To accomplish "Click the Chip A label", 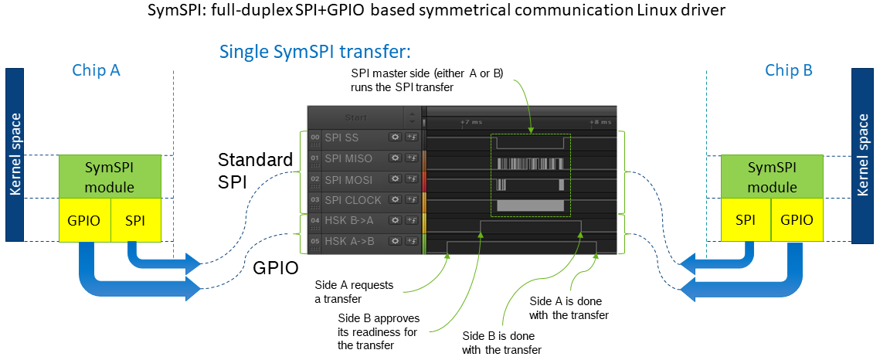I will tap(97, 70).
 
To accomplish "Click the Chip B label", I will tap(789, 70).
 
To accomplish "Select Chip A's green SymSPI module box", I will tap(110, 177).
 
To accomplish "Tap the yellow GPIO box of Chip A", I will tap(85, 220).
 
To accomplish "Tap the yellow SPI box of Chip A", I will tap(137, 220).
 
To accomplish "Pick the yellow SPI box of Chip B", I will tap(746, 220).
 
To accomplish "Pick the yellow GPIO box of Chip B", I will tap(797, 220).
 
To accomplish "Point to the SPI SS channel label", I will tap(341, 138).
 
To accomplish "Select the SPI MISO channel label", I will tap(348, 159).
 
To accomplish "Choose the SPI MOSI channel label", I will tap(348, 180).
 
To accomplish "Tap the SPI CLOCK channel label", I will tap(352, 201).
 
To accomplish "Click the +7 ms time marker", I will tap(471, 122).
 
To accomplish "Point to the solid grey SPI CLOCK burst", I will tap(530, 205).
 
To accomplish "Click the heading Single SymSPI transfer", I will tap(314, 52).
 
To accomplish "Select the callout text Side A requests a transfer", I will tap(354, 292).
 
